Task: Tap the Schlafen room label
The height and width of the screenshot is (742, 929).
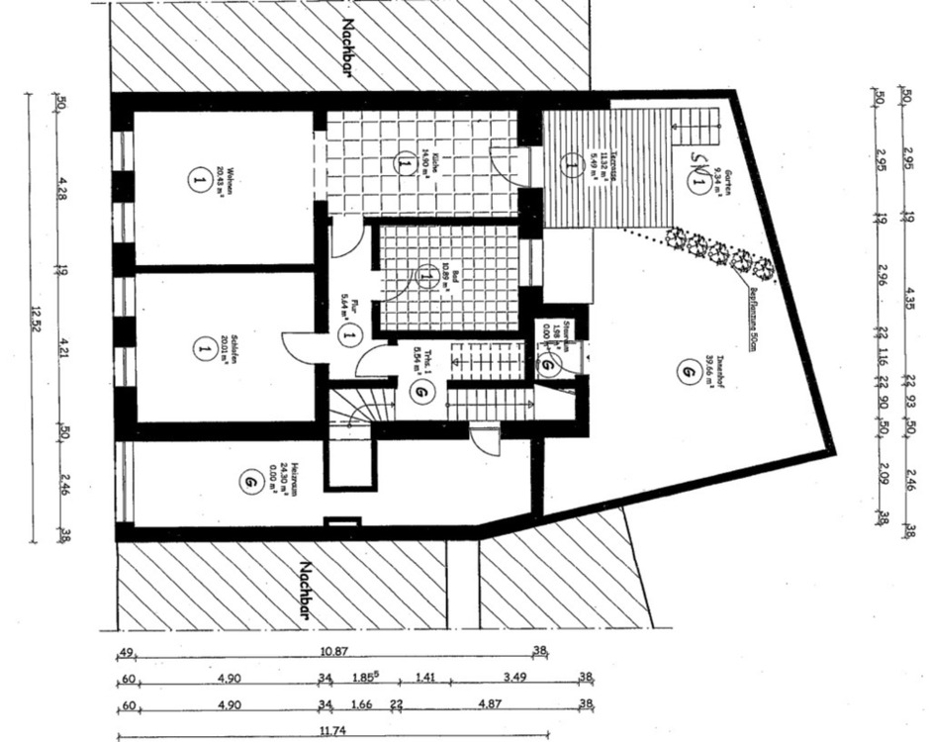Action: point(231,349)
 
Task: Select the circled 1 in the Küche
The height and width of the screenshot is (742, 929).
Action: point(405,164)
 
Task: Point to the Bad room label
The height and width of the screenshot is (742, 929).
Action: point(447,274)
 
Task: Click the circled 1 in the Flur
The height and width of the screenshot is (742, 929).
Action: point(347,335)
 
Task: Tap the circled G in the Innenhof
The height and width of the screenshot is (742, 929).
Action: point(685,371)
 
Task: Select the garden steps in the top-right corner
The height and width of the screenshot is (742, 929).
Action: point(703,123)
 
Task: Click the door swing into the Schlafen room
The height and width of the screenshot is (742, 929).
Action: point(298,345)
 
